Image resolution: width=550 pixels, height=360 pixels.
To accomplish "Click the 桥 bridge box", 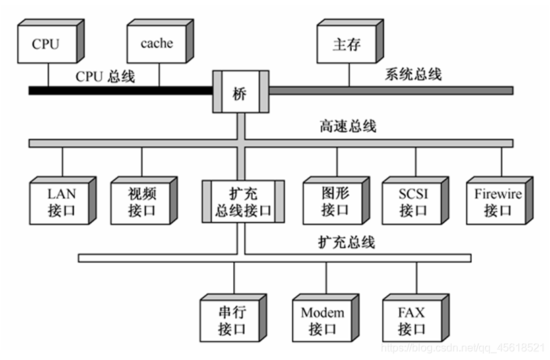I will [x=241, y=92].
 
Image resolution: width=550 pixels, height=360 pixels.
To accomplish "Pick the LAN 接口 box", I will [x=61, y=202].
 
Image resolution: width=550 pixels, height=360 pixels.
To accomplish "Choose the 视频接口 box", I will [x=142, y=202].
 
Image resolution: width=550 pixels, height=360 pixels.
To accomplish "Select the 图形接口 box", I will [x=334, y=202].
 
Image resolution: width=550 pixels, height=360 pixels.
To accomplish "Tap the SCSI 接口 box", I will [x=413, y=202].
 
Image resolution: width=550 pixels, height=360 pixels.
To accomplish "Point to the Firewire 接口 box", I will [x=497, y=202].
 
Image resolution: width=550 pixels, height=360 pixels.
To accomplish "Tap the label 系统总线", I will [x=413, y=74].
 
